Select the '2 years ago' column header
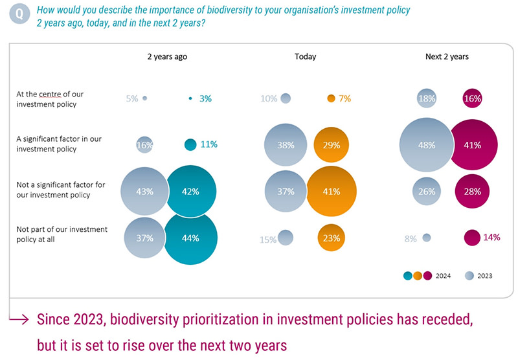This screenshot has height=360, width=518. pyautogui.click(x=167, y=56)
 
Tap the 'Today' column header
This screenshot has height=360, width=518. pyautogui.click(x=305, y=56)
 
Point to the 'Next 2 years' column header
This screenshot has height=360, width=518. pyautogui.click(x=447, y=56)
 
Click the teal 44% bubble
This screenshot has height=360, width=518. pyautogui.click(x=190, y=238)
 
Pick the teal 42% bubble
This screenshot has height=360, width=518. pyautogui.click(x=190, y=191)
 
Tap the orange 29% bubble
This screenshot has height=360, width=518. pyautogui.click(x=331, y=145)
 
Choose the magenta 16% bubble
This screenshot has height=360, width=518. pyautogui.click(x=472, y=98)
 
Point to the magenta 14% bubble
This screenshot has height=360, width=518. pyautogui.click(x=472, y=238)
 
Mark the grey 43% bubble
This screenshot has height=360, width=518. pyautogui.click(x=144, y=191)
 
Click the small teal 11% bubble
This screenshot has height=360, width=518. pyautogui.click(x=190, y=145)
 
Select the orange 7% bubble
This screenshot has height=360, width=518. pyautogui.click(x=331, y=98)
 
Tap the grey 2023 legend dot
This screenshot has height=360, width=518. pyautogui.click(x=468, y=275)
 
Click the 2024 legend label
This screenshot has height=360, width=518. pyautogui.click(x=444, y=276)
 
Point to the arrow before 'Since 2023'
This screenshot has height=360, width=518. pyautogui.click(x=21, y=319)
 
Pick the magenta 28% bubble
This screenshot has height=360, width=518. pyautogui.click(x=472, y=191)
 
